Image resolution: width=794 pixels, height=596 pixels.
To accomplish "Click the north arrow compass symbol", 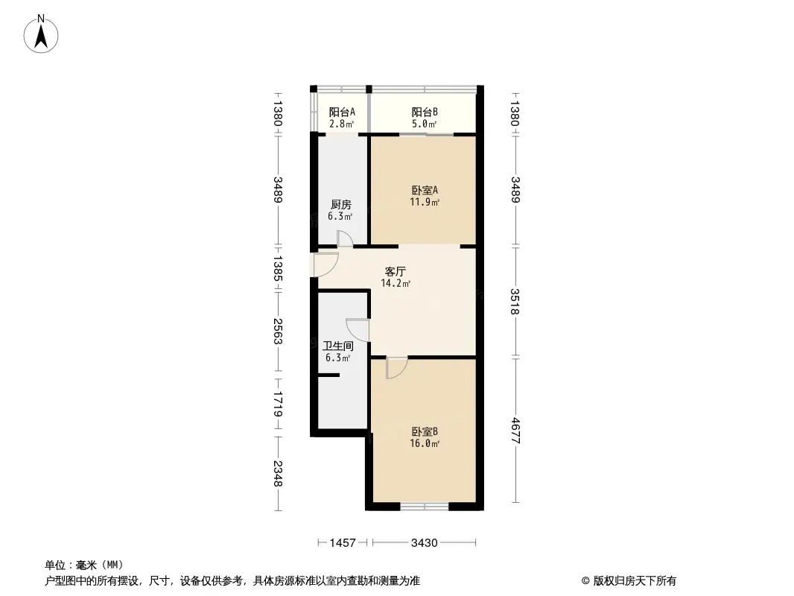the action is tap(41, 34).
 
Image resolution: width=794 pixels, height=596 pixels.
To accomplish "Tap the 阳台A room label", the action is tap(342, 112).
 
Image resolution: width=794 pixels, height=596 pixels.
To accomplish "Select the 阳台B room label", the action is tap(425, 112).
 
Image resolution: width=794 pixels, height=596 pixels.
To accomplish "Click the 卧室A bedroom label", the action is tap(425, 191).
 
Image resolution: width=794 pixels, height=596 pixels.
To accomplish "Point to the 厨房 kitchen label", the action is tap(341, 205).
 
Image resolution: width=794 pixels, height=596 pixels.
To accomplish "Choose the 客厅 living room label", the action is tap(395, 271).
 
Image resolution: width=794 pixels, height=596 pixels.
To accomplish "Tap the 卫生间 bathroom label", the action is tap(338, 346).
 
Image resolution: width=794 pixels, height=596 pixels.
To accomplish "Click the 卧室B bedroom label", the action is tap(425, 432).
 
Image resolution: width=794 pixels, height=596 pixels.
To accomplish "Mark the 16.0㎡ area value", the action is tap(425, 443).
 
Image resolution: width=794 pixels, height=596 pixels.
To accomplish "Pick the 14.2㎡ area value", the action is tap(396, 284).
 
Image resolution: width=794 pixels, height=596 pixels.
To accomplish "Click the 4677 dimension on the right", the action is tap(515, 430).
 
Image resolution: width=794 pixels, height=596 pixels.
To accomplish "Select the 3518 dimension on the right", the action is tap(515, 301).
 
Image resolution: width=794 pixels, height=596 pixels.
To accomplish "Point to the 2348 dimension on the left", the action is tap(278, 474).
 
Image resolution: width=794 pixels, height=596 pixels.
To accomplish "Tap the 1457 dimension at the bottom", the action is tap(343, 543).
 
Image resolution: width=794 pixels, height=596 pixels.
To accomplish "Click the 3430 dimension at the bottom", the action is tap(425, 543).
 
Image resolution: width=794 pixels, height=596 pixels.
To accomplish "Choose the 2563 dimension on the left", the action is tap(278, 332).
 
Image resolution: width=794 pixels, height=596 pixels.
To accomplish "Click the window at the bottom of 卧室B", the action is tap(425, 506).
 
